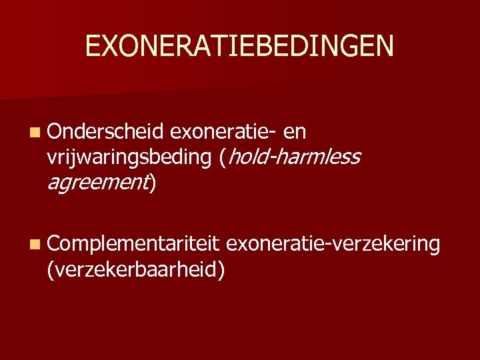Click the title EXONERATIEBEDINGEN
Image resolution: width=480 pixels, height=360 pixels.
[x=239, y=46]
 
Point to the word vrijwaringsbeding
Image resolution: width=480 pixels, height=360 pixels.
[x=129, y=158]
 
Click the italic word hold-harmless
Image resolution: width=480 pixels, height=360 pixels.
[x=294, y=158]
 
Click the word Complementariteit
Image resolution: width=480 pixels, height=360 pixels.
[x=134, y=245]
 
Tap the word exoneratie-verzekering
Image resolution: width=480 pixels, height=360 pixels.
[x=333, y=245]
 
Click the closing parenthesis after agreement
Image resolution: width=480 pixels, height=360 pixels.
[x=153, y=181]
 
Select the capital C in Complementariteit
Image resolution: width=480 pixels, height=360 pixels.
[x=54, y=245]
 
